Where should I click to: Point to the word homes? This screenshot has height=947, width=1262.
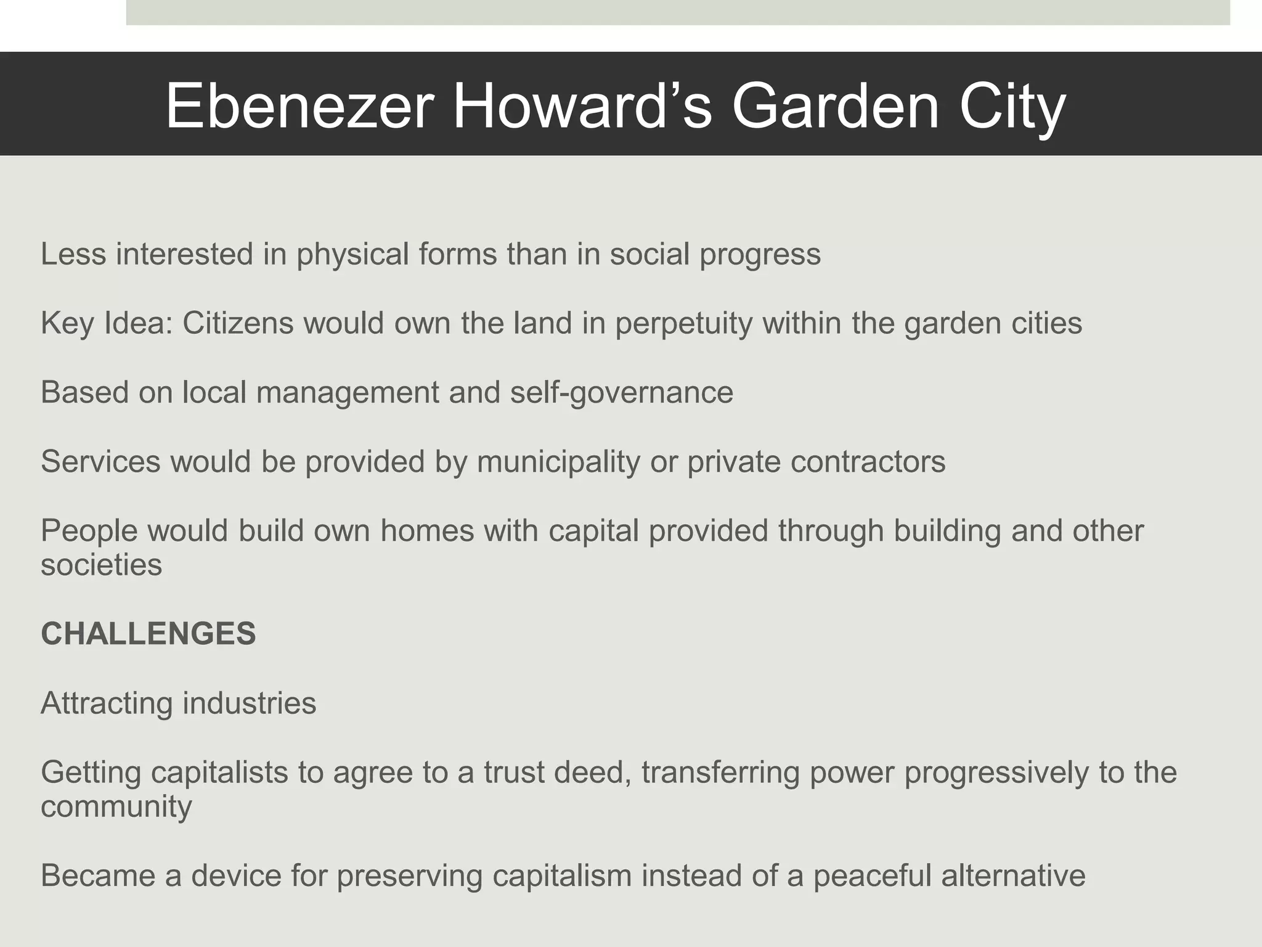[427, 531]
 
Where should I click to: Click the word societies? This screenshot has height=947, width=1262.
[101, 565]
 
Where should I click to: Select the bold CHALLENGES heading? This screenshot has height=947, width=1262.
[148, 634]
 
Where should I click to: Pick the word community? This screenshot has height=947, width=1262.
[116, 807]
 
